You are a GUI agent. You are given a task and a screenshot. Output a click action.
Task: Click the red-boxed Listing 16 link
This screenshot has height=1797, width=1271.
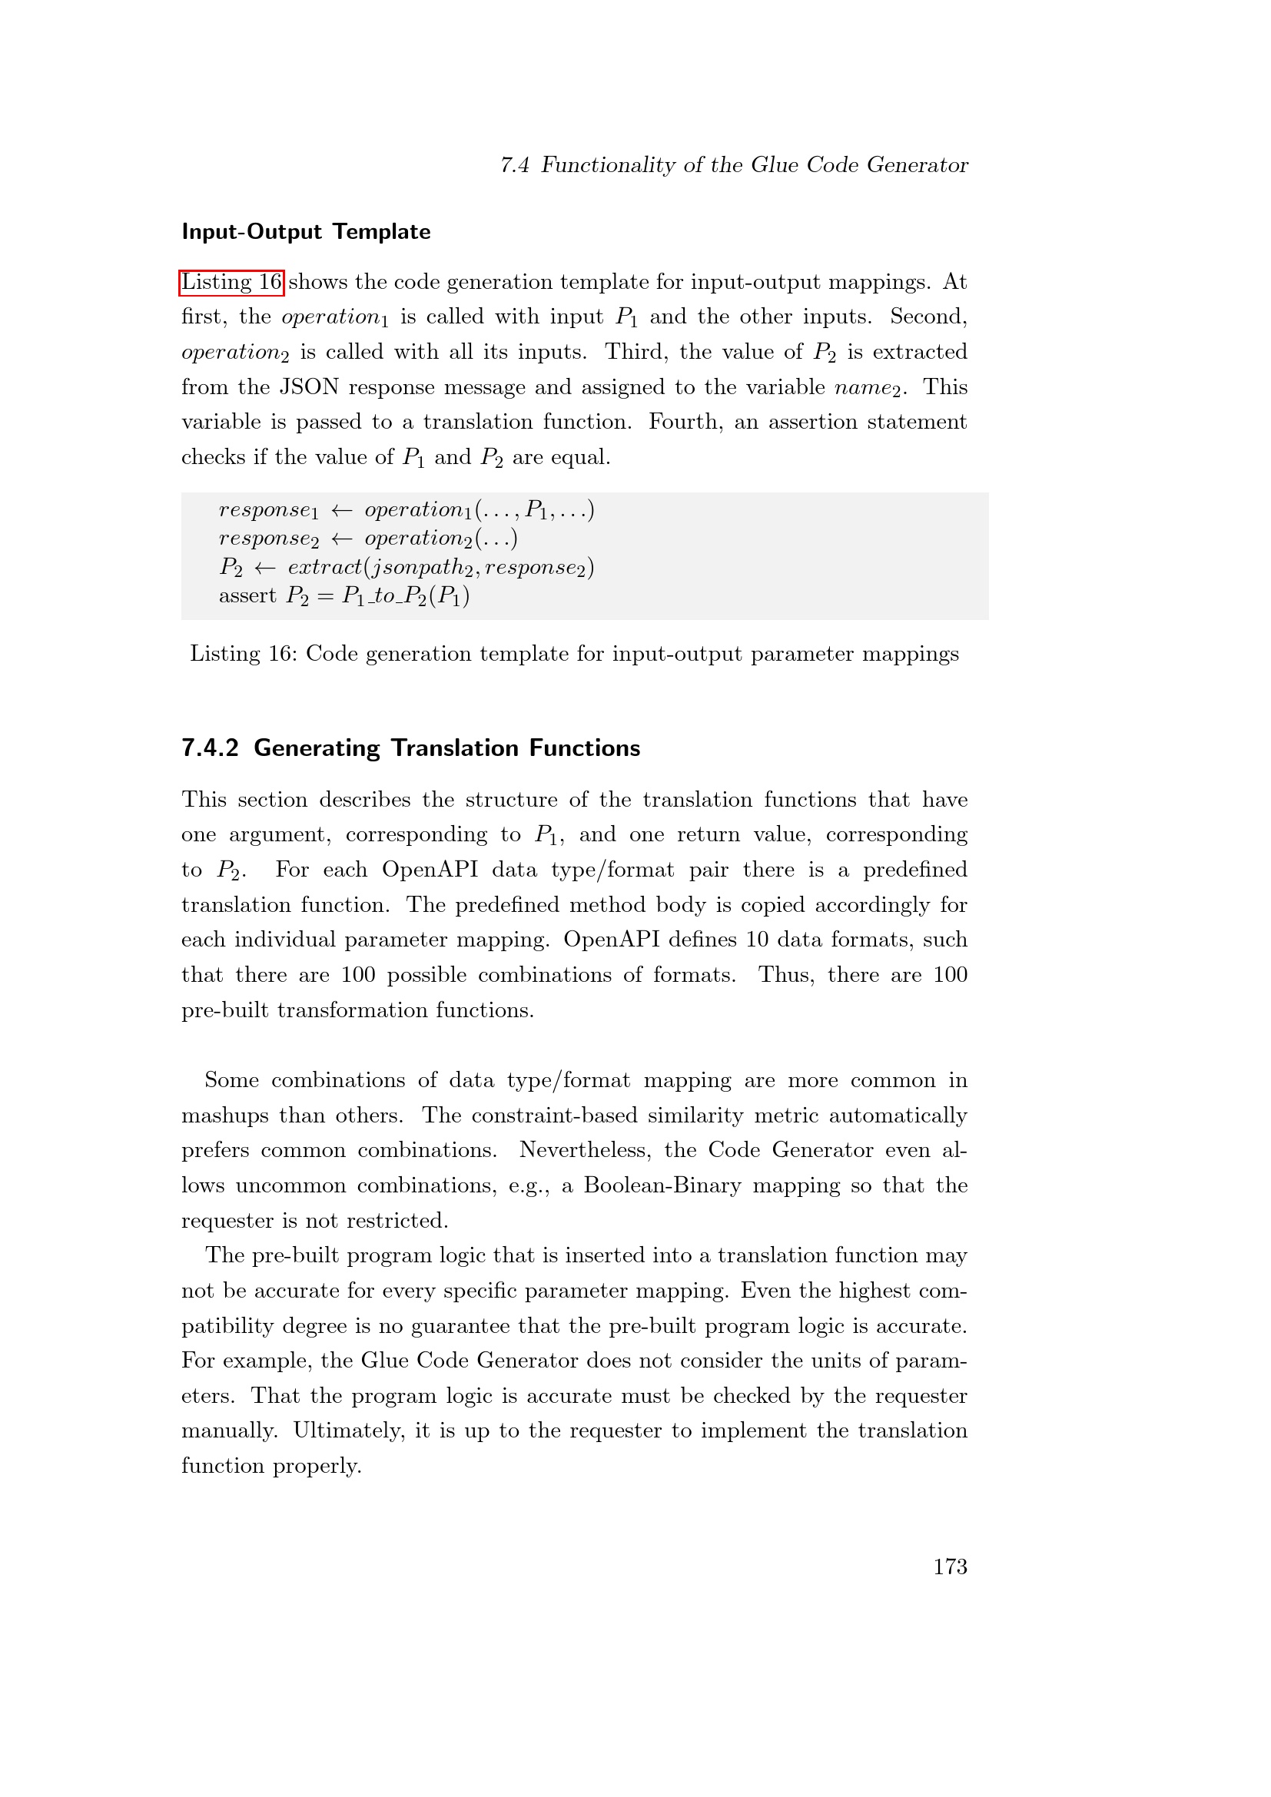click(x=231, y=282)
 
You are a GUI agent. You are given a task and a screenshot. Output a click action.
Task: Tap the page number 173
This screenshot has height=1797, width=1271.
click(x=950, y=1566)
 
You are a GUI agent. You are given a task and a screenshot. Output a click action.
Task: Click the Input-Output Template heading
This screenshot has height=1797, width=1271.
click(x=306, y=232)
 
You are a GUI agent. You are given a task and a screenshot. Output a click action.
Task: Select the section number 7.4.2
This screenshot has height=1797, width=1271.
click(x=210, y=748)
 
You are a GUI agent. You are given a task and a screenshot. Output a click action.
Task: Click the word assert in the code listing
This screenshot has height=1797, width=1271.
click(x=247, y=596)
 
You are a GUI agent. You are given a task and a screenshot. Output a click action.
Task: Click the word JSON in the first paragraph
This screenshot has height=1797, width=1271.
click(x=309, y=387)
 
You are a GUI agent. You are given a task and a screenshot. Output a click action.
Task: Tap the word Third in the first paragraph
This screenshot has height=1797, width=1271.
click(x=635, y=352)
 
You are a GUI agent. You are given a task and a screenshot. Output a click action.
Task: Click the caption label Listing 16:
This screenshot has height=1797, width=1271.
click(x=244, y=655)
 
